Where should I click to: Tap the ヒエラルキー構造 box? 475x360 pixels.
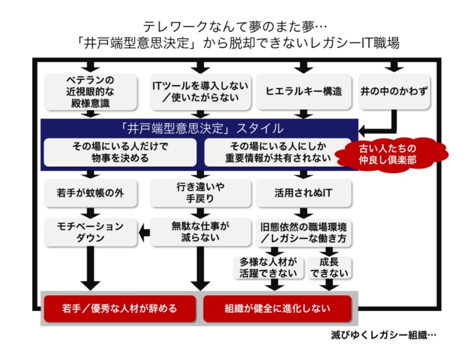coord(303,91)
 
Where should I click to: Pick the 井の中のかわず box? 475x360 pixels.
coord(394,91)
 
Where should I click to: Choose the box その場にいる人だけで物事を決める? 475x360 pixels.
coord(120,153)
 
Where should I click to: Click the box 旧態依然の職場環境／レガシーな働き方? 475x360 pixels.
coord(303,232)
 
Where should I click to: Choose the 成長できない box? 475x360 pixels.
coord(328,267)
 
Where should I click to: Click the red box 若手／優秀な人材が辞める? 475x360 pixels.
coord(120,309)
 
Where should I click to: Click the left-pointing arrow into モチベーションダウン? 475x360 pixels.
coord(144,232)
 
